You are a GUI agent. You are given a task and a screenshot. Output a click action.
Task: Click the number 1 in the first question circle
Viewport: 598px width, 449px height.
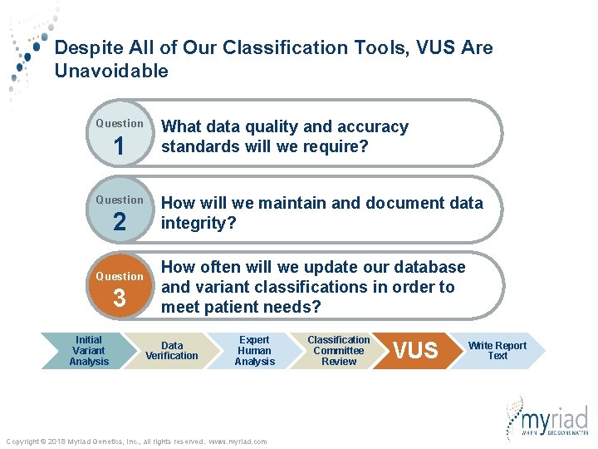click(119, 147)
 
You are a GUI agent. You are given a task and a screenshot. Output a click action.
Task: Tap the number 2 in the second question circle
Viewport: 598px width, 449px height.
click(119, 223)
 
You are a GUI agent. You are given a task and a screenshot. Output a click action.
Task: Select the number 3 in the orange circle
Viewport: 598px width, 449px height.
click(119, 299)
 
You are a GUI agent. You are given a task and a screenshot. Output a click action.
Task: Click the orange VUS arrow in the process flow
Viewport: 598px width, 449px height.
click(414, 351)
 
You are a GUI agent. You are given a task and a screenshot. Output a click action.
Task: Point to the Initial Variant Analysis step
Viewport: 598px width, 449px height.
click(89, 351)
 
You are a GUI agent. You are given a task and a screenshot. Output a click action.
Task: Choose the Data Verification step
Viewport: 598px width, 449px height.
click(172, 351)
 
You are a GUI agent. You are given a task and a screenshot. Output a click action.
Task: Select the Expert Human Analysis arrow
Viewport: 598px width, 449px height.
click(254, 351)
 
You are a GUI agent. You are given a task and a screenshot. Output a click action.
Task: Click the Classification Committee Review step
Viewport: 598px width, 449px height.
click(338, 351)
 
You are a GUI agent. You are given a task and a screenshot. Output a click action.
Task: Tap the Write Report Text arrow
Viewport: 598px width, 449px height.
click(498, 351)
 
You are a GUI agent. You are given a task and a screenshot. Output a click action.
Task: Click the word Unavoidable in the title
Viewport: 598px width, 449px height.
click(111, 72)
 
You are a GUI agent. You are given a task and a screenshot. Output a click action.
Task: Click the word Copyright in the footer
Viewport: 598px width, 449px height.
click(25, 442)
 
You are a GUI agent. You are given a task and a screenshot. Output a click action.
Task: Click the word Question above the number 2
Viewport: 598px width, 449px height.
click(119, 200)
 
